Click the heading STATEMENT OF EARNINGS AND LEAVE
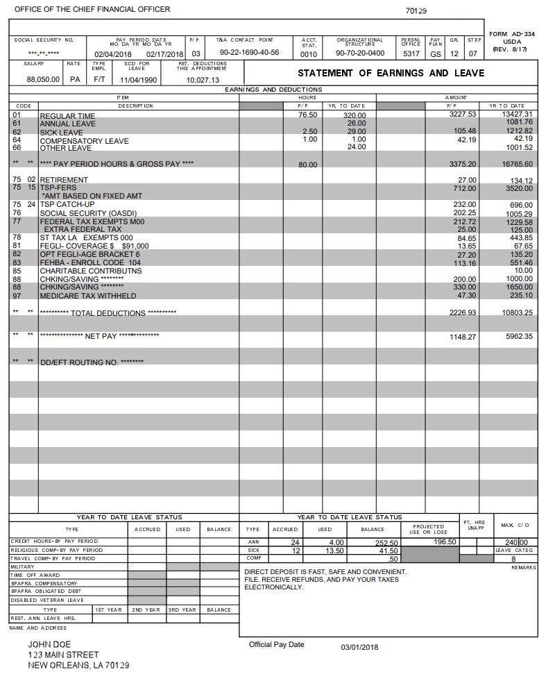click(391, 73)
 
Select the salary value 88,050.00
click(43, 80)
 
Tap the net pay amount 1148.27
click(463, 337)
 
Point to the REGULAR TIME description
click(67, 116)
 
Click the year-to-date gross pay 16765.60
click(518, 165)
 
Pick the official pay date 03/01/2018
click(359, 647)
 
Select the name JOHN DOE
click(49, 645)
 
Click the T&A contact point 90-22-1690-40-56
click(249, 53)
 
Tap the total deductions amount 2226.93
click(463, 313)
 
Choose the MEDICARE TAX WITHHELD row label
click(87, 296)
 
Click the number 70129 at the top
click(416, 11)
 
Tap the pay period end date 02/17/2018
click(164, 54)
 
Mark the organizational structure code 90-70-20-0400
click(360, 53)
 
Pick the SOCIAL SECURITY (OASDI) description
click(88, 213)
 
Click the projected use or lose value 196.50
click(444, 542)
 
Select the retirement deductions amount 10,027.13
click(203, 80)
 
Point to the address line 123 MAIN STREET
click(63, 655)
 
